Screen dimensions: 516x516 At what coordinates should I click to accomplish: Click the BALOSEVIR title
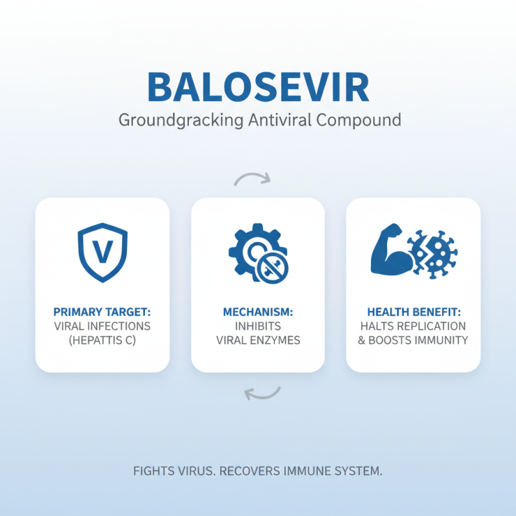point(258,87)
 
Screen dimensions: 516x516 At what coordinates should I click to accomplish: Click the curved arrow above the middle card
point(253,179)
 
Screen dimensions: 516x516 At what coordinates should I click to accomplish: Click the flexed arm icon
point(390,251)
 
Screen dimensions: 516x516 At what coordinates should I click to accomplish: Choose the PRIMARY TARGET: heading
point(103,312)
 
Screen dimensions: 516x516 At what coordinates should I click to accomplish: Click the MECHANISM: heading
point(258,312)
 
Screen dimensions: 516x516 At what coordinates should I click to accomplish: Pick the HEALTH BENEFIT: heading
point(413,312)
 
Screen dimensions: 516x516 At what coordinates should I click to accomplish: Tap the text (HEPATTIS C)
point(103,341)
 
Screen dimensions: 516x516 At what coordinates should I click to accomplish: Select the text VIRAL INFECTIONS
point(103,326)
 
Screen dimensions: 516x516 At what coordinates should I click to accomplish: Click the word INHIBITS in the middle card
point(258,326)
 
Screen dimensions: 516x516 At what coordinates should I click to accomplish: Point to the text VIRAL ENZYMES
point(258,341)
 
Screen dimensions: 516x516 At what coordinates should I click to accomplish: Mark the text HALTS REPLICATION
point(413,326)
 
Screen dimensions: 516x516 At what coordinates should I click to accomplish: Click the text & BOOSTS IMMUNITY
point(413,341)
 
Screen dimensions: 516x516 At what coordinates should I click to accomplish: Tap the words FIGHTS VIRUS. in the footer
point(174,471)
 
